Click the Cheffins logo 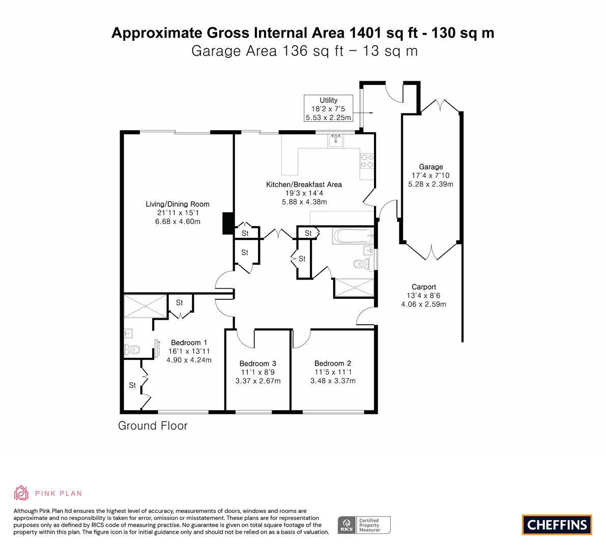pos(557,525)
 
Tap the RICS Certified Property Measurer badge pos(364,525)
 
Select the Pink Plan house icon pos(21,493)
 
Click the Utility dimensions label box pos(329,108)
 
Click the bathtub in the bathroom pos(353,236)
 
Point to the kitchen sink pos(335,141)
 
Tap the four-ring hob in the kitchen pos(367,161)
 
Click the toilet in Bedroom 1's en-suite pos(132,350)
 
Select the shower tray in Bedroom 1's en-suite pos(146,306)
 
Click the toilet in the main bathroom pos(361,264)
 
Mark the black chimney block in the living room pos(228,223)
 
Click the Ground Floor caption pos(153,425)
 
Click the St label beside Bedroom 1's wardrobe pos(132,385)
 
